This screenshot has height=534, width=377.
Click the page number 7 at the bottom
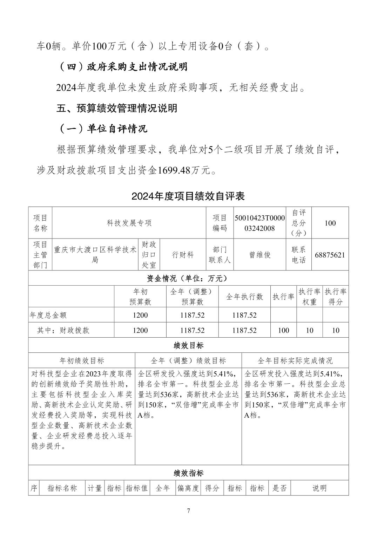(188, 511)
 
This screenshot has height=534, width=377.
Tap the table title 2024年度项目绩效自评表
(188, 196)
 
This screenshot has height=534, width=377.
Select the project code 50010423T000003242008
(260, 223)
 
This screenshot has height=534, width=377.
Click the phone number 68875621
(330, 255)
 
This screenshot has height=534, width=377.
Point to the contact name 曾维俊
(260, 255)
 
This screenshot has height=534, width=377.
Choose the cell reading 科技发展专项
(129, 223)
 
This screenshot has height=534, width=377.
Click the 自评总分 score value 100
(330, 223)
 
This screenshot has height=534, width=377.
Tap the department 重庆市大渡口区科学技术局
(95, 255)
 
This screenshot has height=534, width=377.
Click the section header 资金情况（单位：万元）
(188, 278)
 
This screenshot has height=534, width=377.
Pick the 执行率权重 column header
(309, 297)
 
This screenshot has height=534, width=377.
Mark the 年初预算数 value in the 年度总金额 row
(140, 315)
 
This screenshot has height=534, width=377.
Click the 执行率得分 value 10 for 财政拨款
(336, 330)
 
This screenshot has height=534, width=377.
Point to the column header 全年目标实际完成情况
(295, 360)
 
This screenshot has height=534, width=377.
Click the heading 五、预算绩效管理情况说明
(117, 108)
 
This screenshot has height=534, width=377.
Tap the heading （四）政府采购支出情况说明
(122, 67)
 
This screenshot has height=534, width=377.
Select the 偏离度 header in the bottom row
(188, 488)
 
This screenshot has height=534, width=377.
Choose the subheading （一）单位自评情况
(102, 129)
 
